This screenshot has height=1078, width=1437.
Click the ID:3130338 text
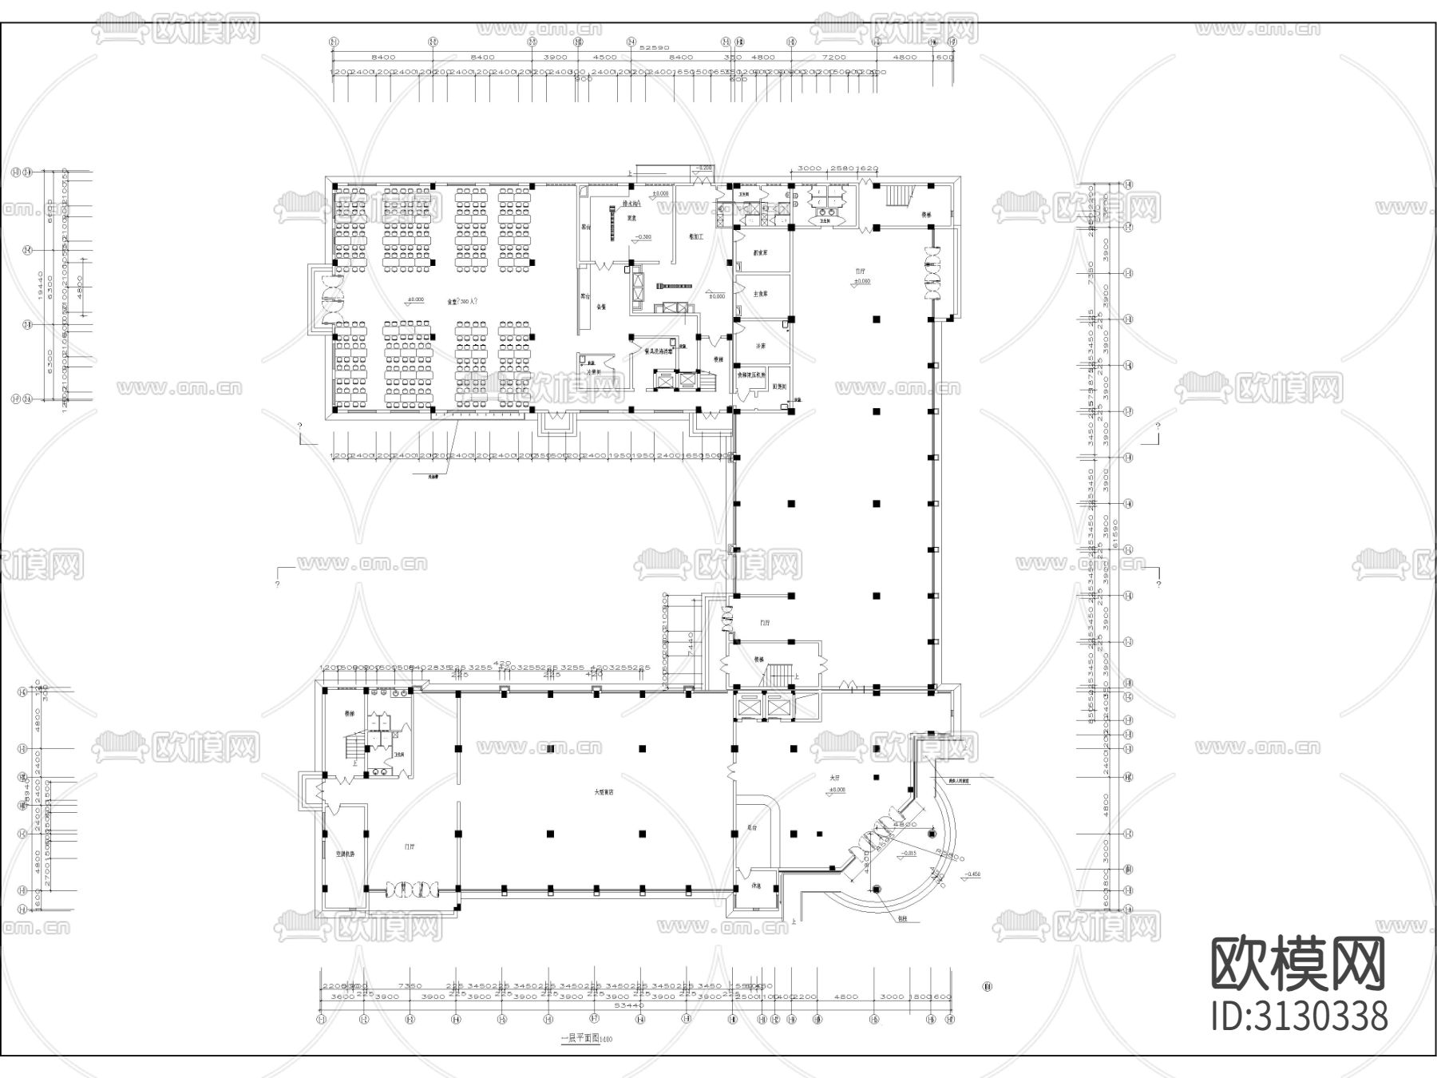pos(1300,1017)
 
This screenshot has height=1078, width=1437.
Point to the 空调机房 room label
pos(345,854)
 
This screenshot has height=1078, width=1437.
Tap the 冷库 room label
pos(761,347)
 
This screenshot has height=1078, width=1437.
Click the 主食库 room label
pos(761,294)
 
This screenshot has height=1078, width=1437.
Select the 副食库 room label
pos(761,252)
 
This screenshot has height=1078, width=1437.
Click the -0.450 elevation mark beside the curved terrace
pos(972,874)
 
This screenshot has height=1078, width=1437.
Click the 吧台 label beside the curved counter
pos(751,828)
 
